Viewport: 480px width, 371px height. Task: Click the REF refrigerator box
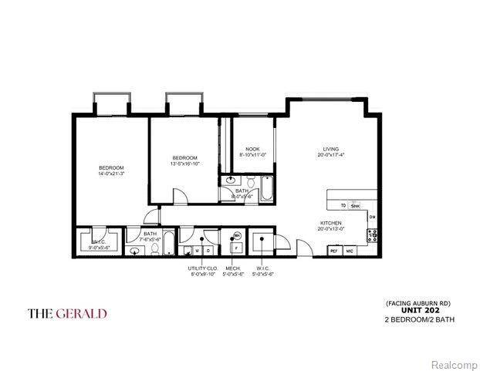pos(335,251)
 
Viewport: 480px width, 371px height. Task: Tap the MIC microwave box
pos(350,251)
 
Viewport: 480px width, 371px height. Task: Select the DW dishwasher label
pos(372,218)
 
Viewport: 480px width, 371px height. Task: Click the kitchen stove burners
pos(372,236)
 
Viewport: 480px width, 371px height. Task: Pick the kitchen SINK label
pos(355,206)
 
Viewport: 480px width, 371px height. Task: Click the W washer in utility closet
pos(198,251)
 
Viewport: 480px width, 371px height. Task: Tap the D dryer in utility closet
pos(208,251)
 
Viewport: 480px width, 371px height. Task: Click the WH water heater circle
pos(238,235)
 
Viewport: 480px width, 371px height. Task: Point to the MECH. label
pos(232,268)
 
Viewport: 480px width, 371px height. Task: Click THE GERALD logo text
pos(67,313)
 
